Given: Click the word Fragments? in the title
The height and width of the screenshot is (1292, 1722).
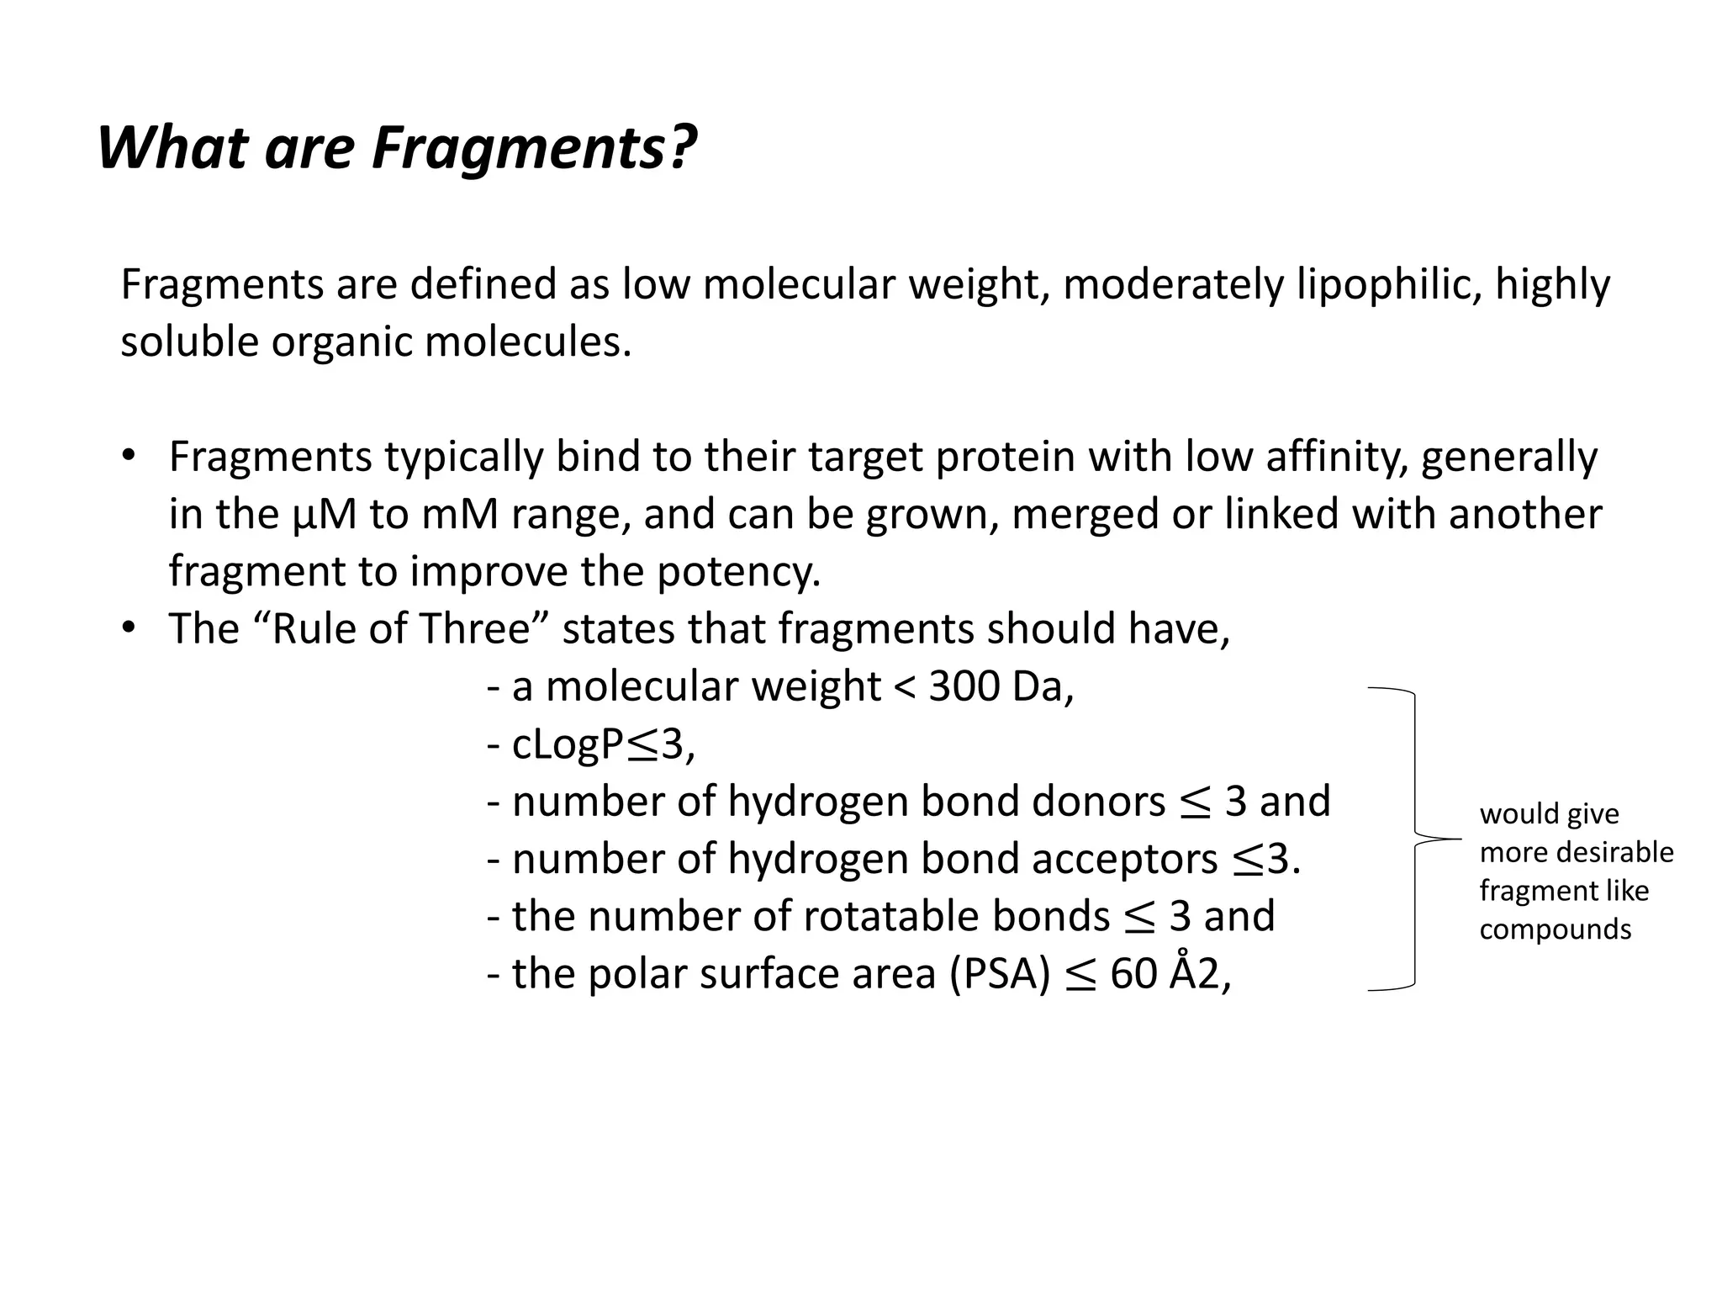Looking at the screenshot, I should tap(535, 148).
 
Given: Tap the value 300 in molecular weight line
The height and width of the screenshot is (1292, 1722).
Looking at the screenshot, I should tap(964, 687).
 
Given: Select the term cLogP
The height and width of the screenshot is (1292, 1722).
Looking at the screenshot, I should tap(568, 744).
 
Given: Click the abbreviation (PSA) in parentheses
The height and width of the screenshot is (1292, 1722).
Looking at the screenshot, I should tap(1001, 974).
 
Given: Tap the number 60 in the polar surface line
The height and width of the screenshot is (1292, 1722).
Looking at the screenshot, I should tap(1133, 974).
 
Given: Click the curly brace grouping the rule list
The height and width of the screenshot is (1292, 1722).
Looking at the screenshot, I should tap(1416, 839).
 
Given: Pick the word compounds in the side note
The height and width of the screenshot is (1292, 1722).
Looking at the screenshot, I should tap(1555, 929).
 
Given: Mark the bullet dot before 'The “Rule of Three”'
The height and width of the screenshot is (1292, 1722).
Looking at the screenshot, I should tap(128, 628).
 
